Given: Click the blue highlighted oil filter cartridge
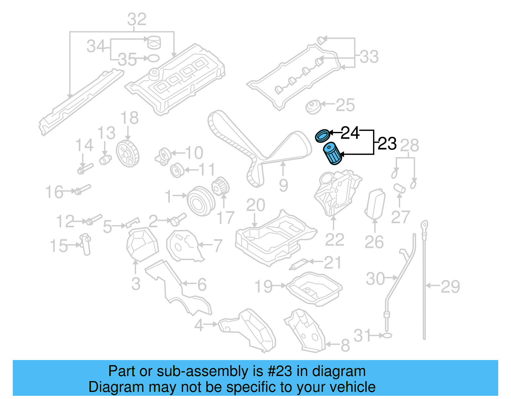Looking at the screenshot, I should pyautogui.click(x=332, y=154).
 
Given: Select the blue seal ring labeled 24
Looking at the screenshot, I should pyautogui.click(x=322, y=135).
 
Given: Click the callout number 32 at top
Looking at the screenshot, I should pyautogui.click(x=137, y=19).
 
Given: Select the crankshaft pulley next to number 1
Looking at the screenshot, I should pyautogui.click(x=200, y=201).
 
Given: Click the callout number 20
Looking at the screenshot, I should pyautogui.click(x=256, y=205).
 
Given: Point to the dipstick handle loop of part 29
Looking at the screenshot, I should pyautogui.click(x=424, y=225).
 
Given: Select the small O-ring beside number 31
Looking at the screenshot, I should pyautogui.click(x=387, y=335).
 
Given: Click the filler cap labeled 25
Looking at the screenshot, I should pyautogui.click(x=313, y=107).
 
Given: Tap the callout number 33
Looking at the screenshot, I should pyautogui.click(x=369, y=57).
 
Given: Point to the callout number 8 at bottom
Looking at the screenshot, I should pyautogui.click(x=345, y=346).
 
